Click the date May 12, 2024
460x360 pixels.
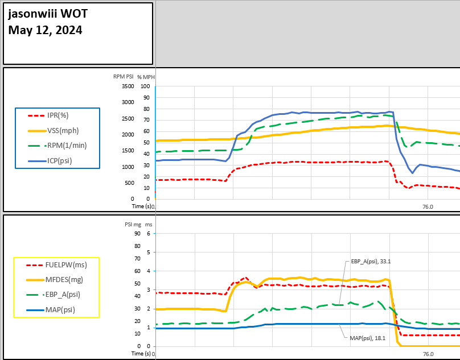click(x=45, y=30)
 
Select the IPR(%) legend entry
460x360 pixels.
click(x=57, y=115)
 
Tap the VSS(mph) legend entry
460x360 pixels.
click(x=63, y=130)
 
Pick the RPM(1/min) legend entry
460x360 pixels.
click(x=67, y=146)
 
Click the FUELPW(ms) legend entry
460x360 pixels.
click(x=67, y=264)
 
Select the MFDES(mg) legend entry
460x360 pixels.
click(x=66, y=279)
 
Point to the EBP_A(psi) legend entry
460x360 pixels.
click(x=63, y=295)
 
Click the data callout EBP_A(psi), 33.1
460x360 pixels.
click(x=370, y=262)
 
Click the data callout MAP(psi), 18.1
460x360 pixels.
click(x=368, y=338)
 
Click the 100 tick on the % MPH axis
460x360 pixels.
click(x=145, y=86)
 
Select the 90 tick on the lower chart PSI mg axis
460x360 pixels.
click(x=137, y=233)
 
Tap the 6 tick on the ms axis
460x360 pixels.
click(x=147, y=233)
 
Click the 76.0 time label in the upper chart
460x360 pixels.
click(x=427, y=207)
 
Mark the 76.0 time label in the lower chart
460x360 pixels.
click(x=427, y=354)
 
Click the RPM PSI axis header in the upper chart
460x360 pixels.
click(x=123, y=77)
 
